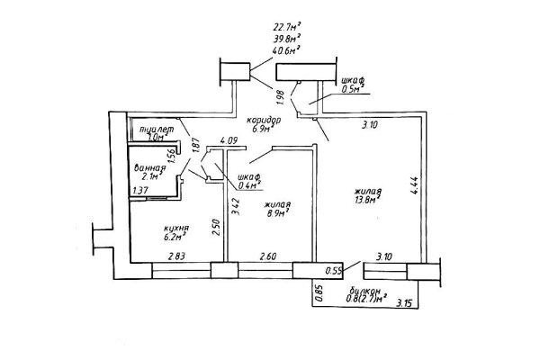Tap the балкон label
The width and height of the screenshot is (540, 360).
[364, 291]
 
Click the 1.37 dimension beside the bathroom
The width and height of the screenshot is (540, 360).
[139, 190]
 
